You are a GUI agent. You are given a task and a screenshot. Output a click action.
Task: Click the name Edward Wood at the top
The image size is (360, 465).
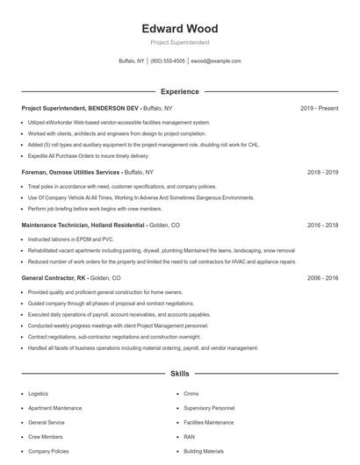(179, 28)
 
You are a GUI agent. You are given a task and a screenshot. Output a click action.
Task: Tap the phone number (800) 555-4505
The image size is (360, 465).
(168, 61)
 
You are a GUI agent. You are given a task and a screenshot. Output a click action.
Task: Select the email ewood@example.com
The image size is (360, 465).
(215, 61)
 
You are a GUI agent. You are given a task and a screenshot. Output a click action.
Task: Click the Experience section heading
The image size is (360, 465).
(179, 91)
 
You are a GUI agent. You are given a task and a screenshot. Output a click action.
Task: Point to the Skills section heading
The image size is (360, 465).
(179, 373)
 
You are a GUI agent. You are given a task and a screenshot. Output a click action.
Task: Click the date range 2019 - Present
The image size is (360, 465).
(319, 109)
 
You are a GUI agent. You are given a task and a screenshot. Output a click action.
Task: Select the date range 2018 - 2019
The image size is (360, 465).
(322, 173)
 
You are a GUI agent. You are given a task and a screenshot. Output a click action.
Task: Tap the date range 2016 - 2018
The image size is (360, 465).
(322, 225)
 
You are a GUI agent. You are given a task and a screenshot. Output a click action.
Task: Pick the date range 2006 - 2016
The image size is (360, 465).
(322, 277)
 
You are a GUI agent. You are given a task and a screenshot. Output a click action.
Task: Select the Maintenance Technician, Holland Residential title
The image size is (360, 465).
(83, 225)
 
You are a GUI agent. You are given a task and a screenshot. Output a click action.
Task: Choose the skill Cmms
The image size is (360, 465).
(191, 395)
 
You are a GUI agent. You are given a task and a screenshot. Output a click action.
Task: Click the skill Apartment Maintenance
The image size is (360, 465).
(54, 409)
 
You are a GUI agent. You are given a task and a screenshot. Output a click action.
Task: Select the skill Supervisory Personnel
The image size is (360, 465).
(209, 409)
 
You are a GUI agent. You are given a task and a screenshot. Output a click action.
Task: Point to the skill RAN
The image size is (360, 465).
(190, 436)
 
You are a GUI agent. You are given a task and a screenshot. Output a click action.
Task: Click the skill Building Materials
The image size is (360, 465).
(203, 450)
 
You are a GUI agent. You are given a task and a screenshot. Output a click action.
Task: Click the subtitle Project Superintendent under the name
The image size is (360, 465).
(179, 42)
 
